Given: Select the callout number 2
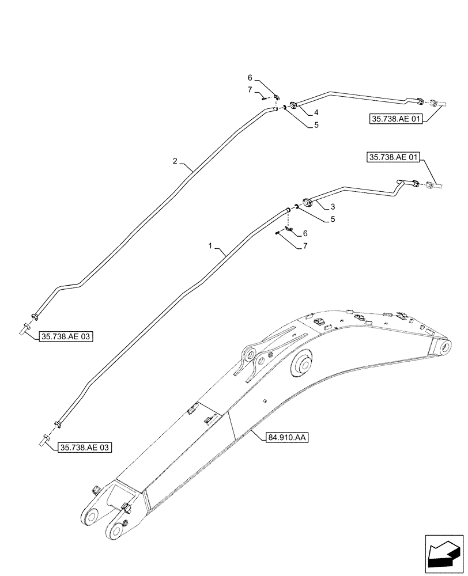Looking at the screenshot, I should [175, 162].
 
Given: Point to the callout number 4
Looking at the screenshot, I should [316, 111].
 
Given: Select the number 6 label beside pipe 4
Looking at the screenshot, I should [250, 78].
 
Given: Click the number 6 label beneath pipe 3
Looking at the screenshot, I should [305, 233].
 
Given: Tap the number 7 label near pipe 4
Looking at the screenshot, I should [250, 90].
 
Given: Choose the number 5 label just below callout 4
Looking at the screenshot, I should [316, 124].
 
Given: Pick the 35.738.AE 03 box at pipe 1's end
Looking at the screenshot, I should [85, 446].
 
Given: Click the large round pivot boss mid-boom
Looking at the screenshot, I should [304, 365].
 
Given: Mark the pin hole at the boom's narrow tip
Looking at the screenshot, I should [446, 347].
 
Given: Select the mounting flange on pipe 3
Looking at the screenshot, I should [307, 203].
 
